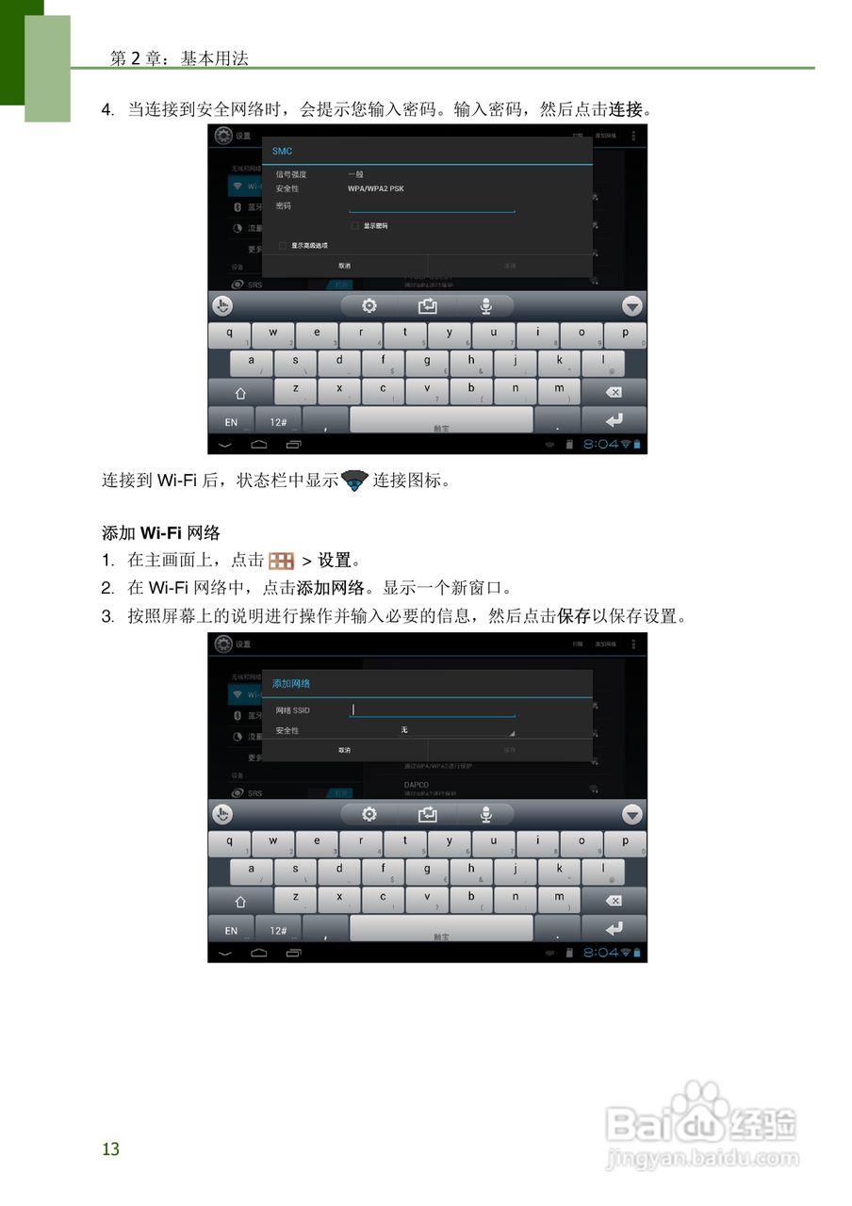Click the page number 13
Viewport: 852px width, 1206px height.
tap(111, 1149)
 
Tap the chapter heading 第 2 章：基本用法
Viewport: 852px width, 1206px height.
tap(179, 58)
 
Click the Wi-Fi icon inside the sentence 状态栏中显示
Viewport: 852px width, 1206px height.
tap(354, 481)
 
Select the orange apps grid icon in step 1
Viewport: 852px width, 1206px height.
tap(282, 561)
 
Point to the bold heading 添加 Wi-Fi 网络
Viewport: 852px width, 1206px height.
tap(160, 533)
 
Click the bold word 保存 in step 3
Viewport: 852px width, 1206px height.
tap(574, 616)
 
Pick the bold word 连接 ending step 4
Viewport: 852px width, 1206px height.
tap(625, 109)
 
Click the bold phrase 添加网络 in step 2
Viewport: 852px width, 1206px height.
tap(330, 589)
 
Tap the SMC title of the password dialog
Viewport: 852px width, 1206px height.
tap(282, 152)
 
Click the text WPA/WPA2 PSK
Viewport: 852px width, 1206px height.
tap(376, 188)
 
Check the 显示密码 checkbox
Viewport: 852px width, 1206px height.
tap(354, 226)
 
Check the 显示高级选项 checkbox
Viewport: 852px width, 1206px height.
tap(282, 245)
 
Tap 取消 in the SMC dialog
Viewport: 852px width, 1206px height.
tap(345, 266)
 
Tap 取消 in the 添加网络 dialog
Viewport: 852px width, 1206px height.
tap(345, 750)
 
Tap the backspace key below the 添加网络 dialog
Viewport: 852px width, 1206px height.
tap(614, 901)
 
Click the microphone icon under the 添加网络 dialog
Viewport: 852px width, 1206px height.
tap(486, 814)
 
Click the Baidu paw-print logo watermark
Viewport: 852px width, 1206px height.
tap(701, 1109)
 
